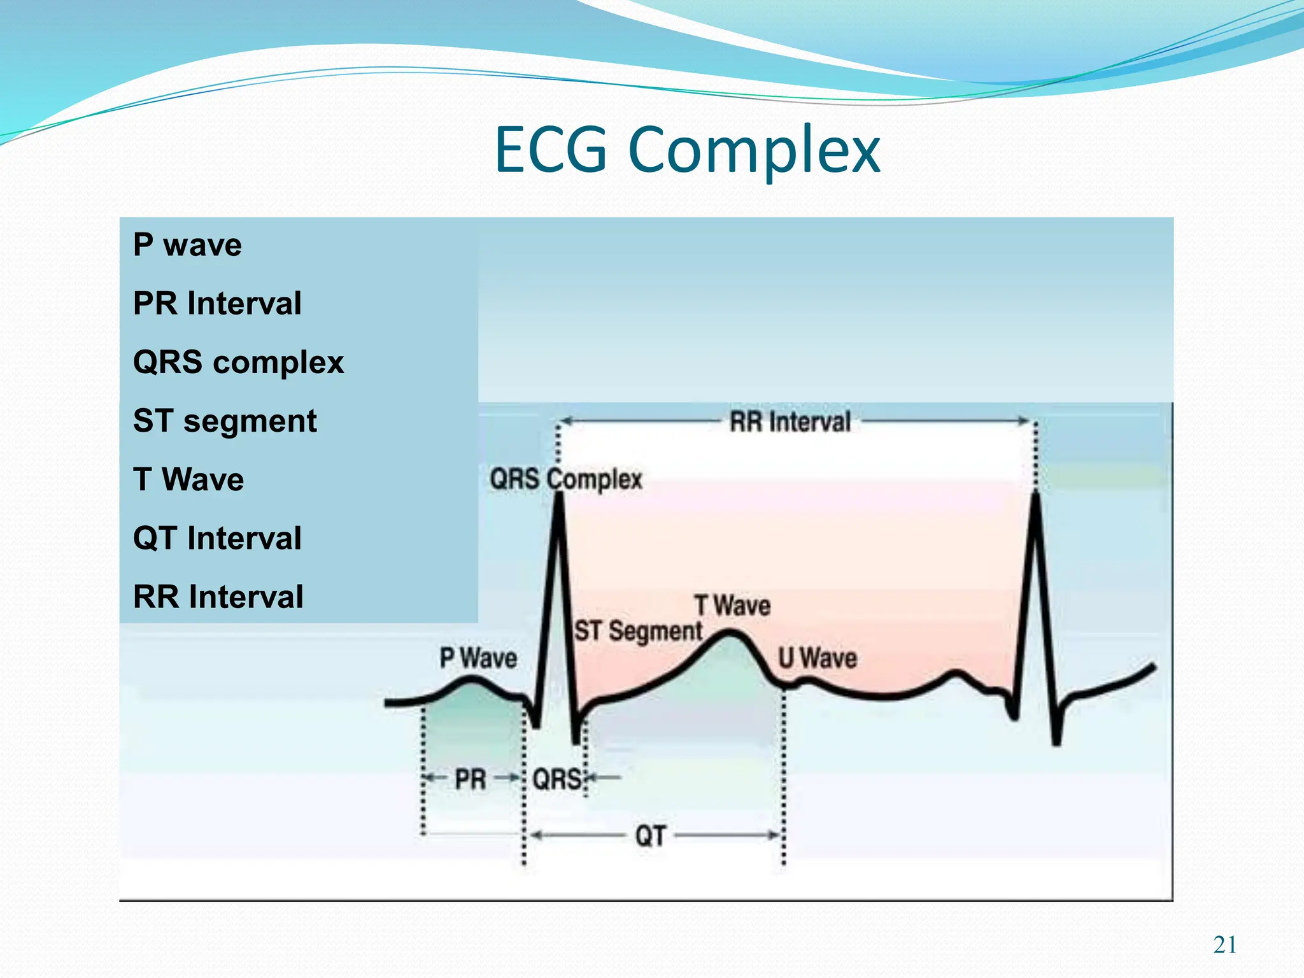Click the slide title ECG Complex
[687, 150]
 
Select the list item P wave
[187, 245]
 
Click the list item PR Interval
[217, 304]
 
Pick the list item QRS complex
[238, 362]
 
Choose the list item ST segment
[224, 421]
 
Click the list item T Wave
[188, 479]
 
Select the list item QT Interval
[217, 538]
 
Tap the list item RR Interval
[218, 597]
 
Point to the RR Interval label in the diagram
[790, 422]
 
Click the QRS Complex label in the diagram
[565, 479]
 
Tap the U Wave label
[818, 658]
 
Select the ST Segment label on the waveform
[638, 632]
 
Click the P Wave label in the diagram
[478, 658]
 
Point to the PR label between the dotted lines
[471, 779]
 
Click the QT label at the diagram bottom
[650, 836]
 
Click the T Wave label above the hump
[732, 606]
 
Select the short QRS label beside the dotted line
[556, 779]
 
